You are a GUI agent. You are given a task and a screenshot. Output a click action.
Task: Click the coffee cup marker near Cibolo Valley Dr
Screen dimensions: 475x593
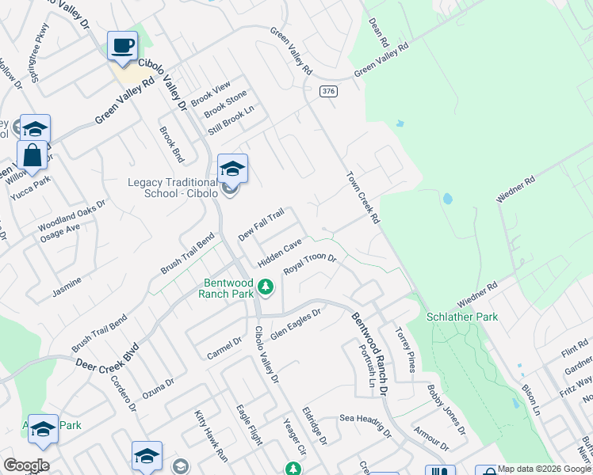tap(122, 47)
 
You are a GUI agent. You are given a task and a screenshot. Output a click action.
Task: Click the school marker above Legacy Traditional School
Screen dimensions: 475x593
tap(232, 169)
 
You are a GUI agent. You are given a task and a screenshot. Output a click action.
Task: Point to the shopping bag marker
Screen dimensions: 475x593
tap(33, 154)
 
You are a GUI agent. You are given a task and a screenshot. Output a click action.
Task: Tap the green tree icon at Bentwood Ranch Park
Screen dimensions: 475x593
tap(267, 286)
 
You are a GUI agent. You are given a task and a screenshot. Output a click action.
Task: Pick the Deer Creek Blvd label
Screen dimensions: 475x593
tap(107, 357)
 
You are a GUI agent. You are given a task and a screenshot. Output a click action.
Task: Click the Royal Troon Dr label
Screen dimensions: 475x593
tap(311, 264)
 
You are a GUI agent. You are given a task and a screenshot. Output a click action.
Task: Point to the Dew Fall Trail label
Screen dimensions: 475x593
tap(261, 226)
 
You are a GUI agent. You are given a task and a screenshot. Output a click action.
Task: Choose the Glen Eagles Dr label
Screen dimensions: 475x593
tap(295, 324)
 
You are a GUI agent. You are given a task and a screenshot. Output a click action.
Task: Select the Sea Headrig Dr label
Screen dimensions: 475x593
tap(365, 425)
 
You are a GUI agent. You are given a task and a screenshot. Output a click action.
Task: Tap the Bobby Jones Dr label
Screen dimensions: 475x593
tap(446, 408)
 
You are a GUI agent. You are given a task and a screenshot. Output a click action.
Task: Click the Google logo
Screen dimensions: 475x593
tap(26, 465)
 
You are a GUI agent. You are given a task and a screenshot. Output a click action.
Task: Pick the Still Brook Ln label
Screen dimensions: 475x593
tap(230, 119)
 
